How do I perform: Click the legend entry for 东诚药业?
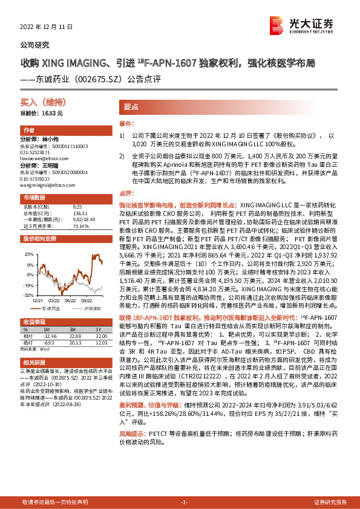coord(53,308)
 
